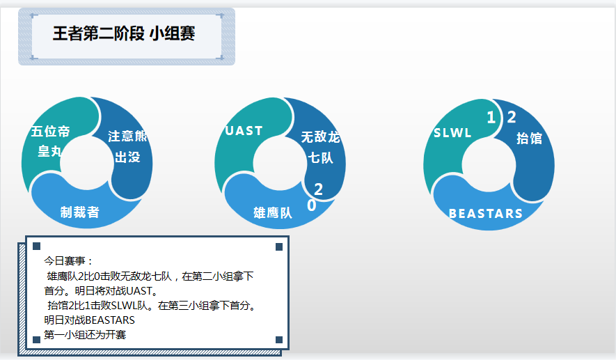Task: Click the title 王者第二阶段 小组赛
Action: coord(124,33)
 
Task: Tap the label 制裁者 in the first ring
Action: coord(80,212)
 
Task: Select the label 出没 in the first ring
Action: coord(127,157)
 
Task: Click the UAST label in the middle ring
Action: coord(244,130)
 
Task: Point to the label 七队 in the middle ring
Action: coord(320,158)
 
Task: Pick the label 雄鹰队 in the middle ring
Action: coord(273,213)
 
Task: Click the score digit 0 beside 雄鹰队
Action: coord(312,205)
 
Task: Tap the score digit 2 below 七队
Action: coord(319,189)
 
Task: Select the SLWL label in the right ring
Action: coord(452,133)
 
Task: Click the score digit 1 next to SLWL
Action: coord(491,118)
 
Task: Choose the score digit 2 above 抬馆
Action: coord(512,117)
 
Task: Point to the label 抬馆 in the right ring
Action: coord(529,139)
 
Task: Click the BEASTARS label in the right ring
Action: coord(486,213)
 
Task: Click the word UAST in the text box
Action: coord(139,291)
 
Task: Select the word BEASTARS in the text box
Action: coord(109,320)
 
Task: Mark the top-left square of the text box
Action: coord(36,246)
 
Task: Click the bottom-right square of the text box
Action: coord(279,340)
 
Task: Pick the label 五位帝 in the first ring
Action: coord(50,132)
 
